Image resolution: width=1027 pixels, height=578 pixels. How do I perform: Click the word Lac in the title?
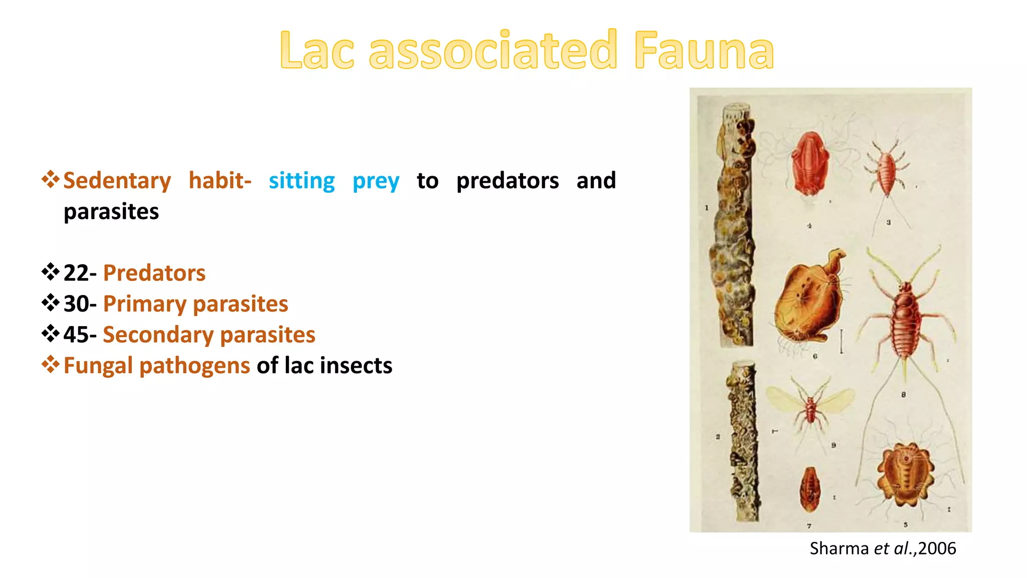click(x=317, y=50)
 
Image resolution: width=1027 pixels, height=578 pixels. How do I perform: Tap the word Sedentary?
click(x=117, y=181)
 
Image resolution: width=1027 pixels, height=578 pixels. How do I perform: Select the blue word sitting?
click(x=301, y=181)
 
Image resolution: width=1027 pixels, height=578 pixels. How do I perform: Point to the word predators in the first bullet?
click(x=507, y=181)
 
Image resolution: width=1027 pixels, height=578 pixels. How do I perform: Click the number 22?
click(x=76, y=273)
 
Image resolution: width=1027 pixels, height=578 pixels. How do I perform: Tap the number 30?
click(x=76, y=304)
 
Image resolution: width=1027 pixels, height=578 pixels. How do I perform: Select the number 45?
click(x=76, y=335)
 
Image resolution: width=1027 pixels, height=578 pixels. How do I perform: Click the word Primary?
click(x=144, y=304)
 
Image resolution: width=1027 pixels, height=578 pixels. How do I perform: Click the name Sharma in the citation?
click(x=839, y=548)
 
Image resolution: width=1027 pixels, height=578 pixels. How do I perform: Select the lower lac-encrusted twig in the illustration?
click(x=743, y=442)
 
